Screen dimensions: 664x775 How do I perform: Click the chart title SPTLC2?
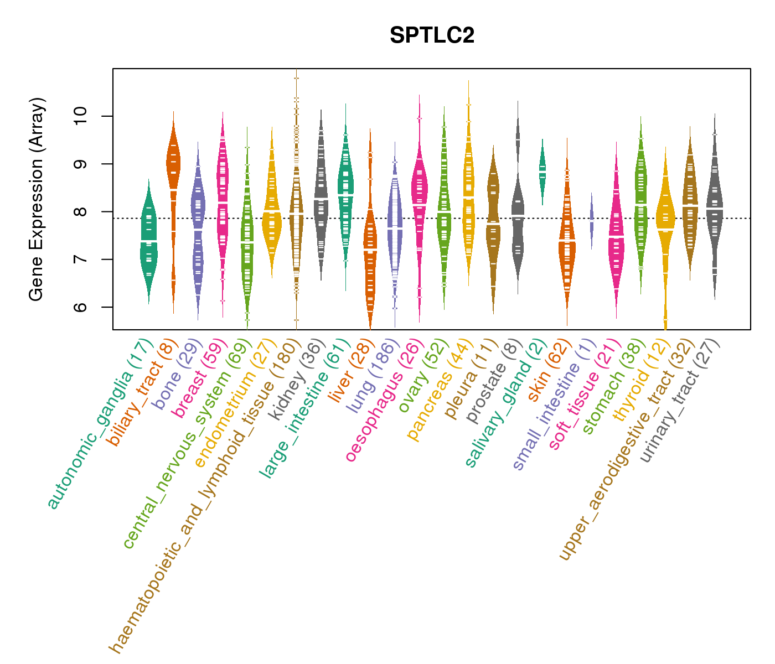[x=432, y=36]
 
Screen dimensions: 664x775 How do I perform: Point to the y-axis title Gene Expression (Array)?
[x=37, y=199]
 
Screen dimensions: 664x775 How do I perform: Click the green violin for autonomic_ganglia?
[x=148, y=243]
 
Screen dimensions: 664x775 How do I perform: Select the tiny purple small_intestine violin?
[x=591, y=219]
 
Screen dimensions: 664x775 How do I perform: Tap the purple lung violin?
[x=395, y=227]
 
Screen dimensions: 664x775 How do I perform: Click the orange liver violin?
[x=370, y=249]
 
